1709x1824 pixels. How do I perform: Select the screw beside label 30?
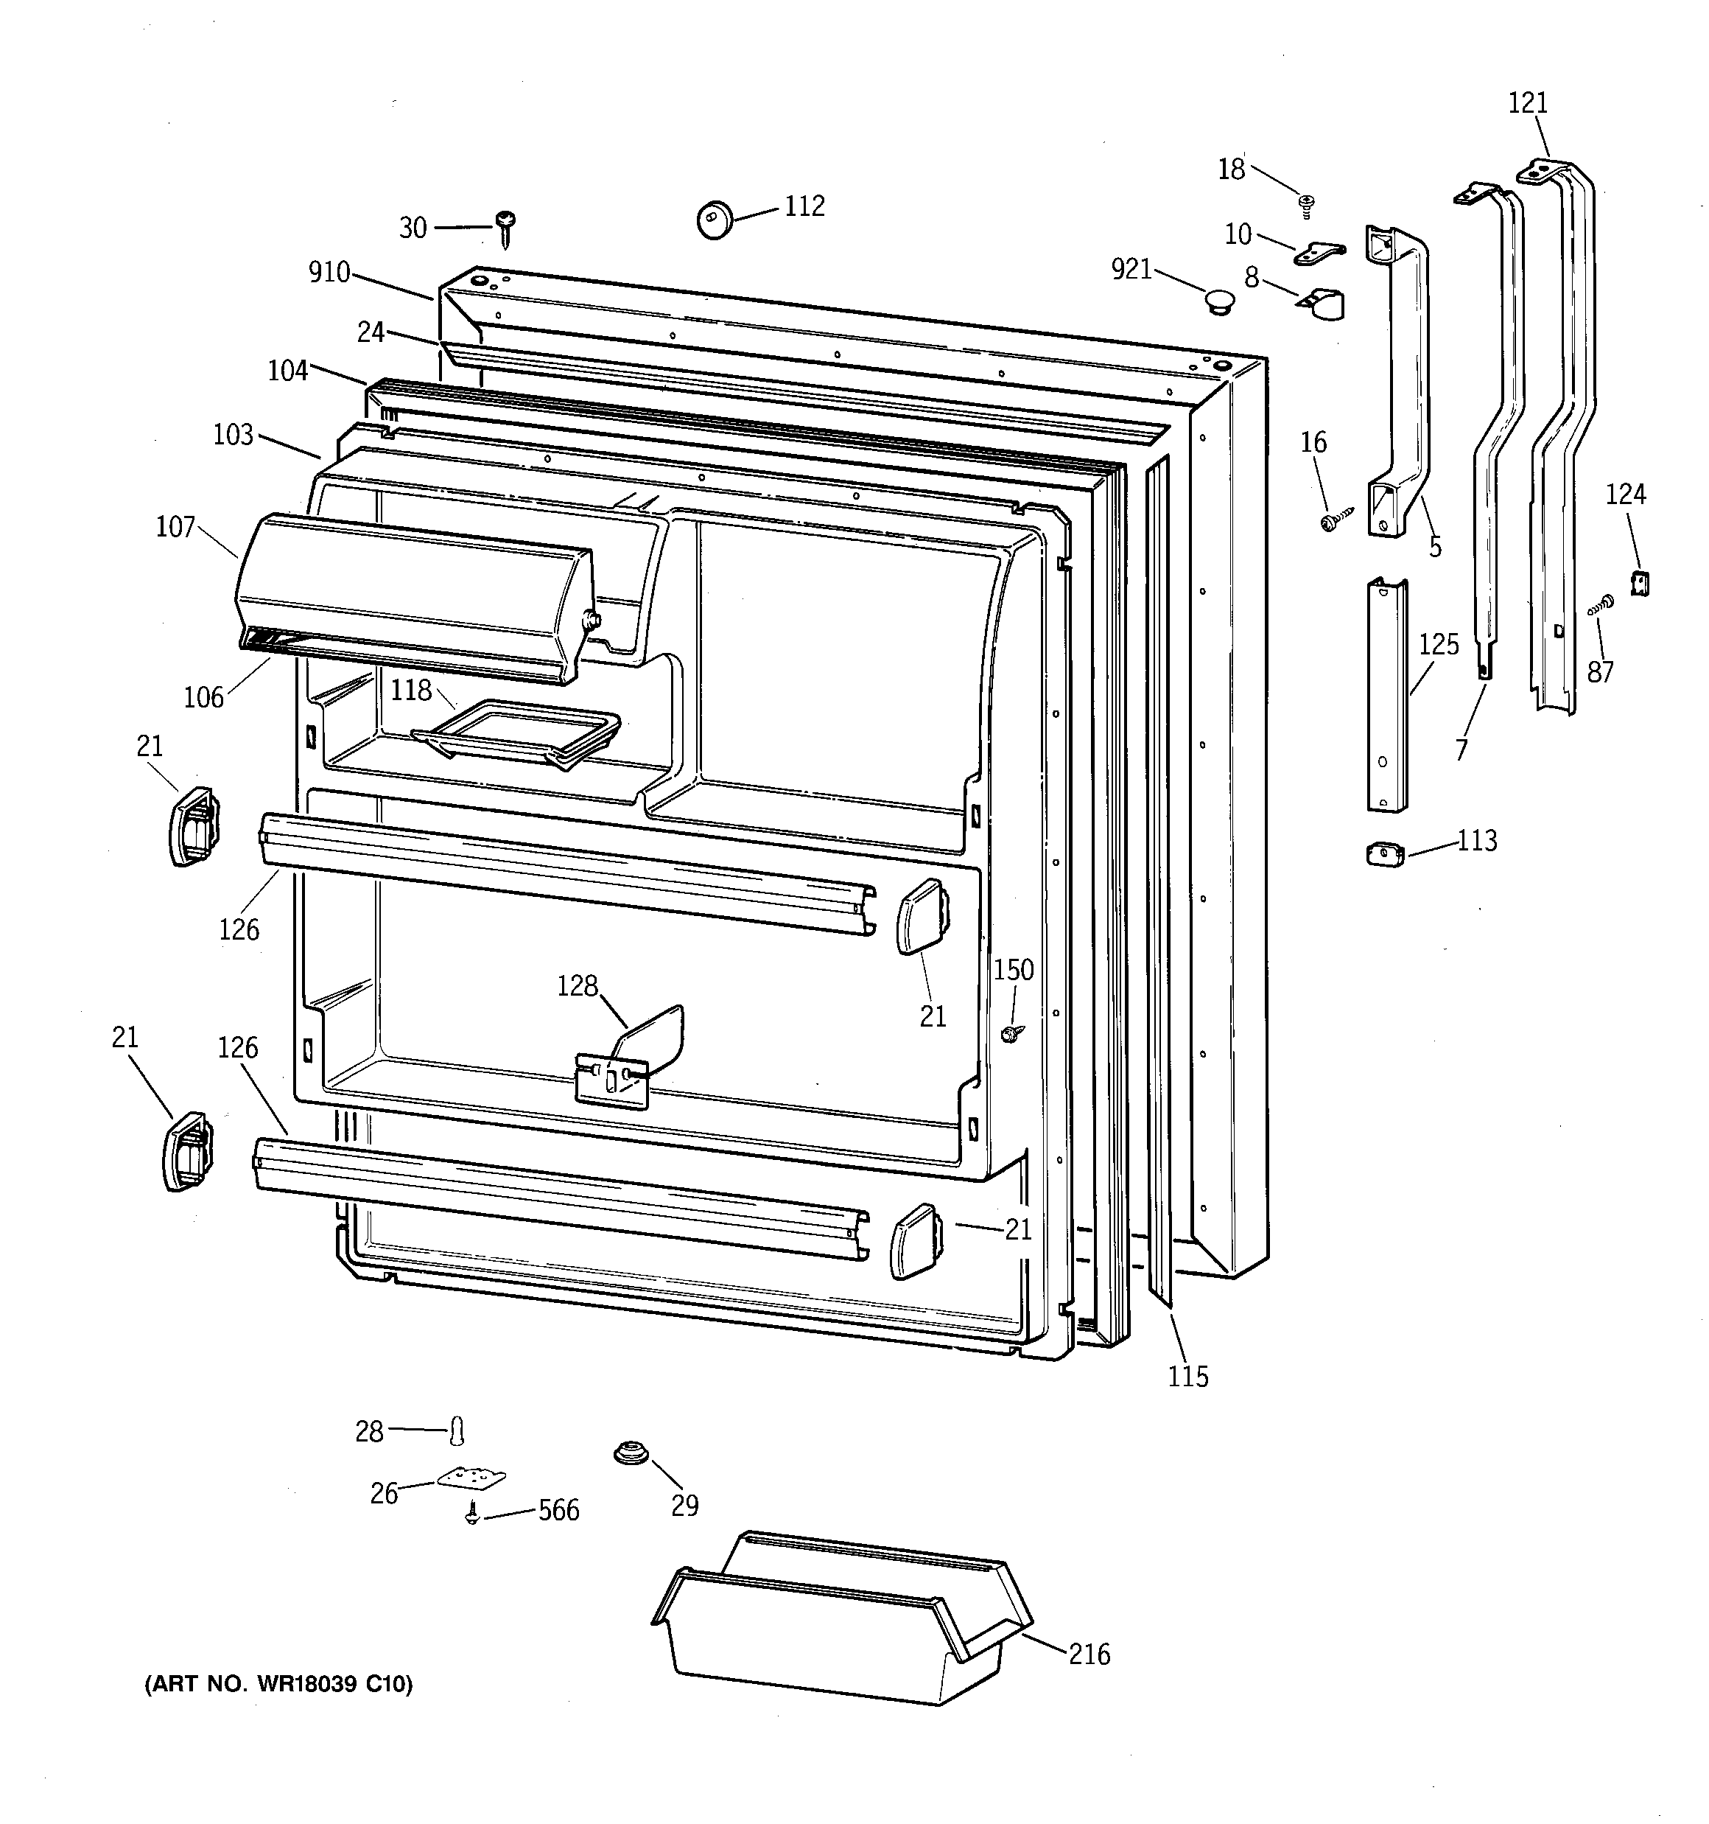point(505,228)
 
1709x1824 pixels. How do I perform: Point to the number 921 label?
point(1130,269)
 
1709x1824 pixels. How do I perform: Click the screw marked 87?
point(1601,604)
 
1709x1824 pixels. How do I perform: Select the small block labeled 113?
point(1385,855)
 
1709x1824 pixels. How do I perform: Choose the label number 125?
point(1439,645)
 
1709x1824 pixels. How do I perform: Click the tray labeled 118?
point(516,730)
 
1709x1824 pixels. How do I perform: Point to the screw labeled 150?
point(1010,1034)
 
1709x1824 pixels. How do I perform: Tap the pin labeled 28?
point(457,1430)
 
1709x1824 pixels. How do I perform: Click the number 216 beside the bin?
point(1089,1654)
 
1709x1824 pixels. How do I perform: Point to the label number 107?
point(175,527)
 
